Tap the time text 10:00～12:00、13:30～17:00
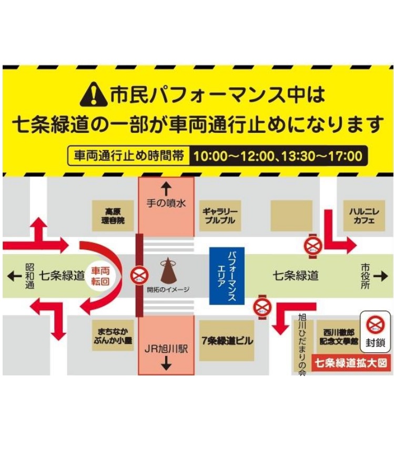click(278, 156)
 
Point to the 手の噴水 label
click(166, 203)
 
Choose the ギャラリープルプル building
click(220, 216)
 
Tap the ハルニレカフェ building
click(361, 215)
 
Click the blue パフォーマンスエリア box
click(228, 275)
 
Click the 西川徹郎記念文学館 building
click(337, 337)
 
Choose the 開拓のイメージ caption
click(168, 289)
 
